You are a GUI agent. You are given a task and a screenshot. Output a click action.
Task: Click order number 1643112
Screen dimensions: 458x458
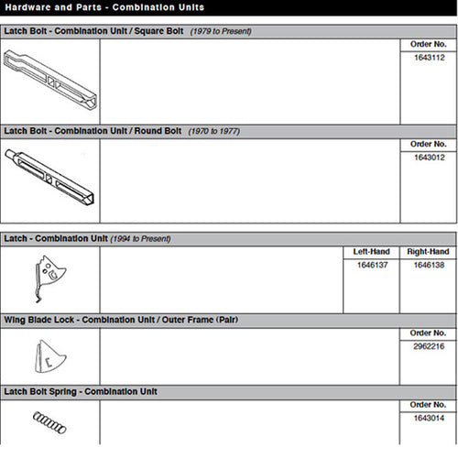point(428,58)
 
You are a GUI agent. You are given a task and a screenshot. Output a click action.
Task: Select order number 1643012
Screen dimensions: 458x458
point(428,158)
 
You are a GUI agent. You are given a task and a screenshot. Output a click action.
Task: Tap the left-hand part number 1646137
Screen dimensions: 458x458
point(371,265)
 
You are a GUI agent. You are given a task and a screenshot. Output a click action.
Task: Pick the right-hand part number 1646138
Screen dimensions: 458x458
point(428,265)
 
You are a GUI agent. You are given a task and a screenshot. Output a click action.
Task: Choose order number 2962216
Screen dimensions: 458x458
point(428,347)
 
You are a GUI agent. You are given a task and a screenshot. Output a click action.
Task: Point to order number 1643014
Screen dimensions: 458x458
point(428,418)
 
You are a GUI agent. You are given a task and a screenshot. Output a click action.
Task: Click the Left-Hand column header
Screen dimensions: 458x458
point(371,251)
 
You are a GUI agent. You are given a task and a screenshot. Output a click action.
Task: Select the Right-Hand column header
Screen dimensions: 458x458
point(428,251)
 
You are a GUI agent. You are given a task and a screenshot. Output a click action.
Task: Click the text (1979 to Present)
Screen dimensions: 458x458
point(220,31)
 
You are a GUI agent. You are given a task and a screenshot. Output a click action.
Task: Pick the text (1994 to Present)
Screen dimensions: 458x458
point(141,238)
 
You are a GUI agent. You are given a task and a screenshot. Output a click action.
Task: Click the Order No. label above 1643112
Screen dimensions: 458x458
point(428,44)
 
